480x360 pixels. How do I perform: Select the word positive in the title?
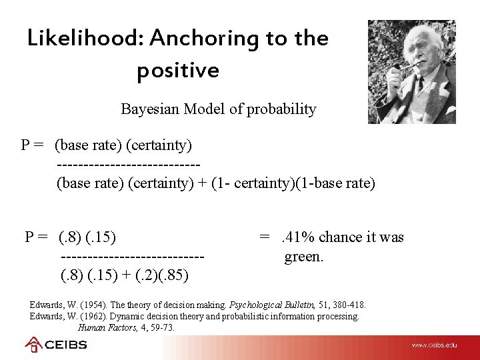(178, 70)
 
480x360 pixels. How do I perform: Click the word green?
(304, 257)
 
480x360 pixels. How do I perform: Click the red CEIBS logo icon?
(33, 345)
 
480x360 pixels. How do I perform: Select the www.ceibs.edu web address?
(434, 345)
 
